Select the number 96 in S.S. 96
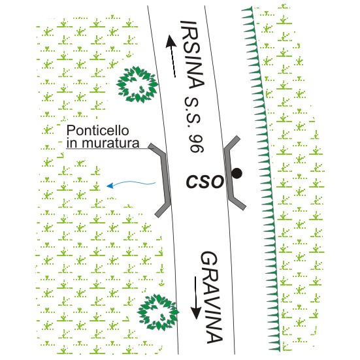[x=197, y=143]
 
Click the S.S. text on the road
[x=193, y=112]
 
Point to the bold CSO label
[x=205, y=182]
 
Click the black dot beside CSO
[x=237, y=173]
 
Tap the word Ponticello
[x=97, y=131]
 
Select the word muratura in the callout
[x=110, y=143]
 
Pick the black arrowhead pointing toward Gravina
[x=196, y=312]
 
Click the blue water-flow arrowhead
[x=110, y=186]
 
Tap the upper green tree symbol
[x=137, y=84]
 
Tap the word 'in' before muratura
[x=72, y=143]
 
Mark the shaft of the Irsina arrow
[x=173, y=62]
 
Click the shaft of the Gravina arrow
[x=196, y=291]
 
